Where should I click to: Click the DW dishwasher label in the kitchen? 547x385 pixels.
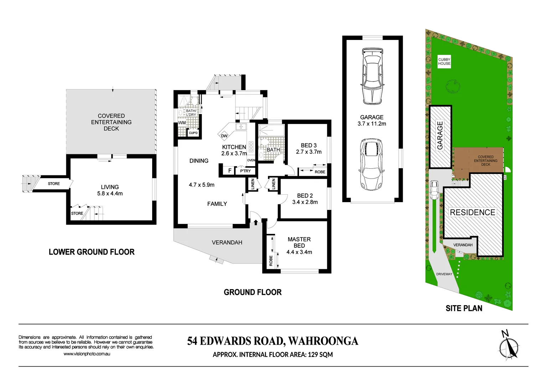tap(224, 136)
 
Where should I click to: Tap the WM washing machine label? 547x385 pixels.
tap(182, 123)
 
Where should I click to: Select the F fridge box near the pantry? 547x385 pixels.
tap(230, 170)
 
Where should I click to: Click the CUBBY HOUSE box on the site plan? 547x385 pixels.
tap(444, 62)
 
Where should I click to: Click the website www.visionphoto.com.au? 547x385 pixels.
tap(87, 354)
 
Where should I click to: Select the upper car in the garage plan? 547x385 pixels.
tap(372, 76)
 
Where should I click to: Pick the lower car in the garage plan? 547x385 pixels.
tap(371, 165)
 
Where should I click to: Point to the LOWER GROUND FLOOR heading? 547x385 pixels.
tap(92, 252)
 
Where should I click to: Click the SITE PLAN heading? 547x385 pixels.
tap(464, 308)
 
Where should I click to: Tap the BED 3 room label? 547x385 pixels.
tap(309, 145)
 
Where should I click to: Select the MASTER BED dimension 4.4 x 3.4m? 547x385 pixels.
tap(299, 252)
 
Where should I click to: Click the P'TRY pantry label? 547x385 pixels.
tap(245, 171)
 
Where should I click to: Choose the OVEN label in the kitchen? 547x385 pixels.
tap(251, 160)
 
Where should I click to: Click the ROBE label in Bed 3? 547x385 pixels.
tap(320, 172)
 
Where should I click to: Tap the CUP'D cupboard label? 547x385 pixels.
tap(193, 133)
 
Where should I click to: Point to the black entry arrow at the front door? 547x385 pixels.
tap(256, 222)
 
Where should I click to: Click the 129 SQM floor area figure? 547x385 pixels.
tap(320, 354)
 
